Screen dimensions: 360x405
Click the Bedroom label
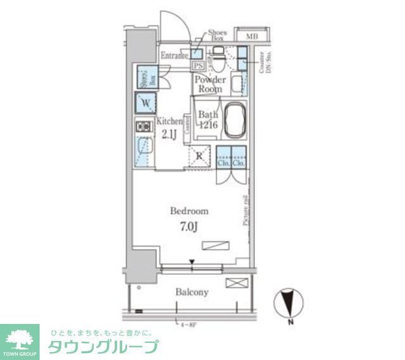coord(189,211)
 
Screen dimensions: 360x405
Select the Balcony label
coord(192,292)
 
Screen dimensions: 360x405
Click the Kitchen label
coord(170,121)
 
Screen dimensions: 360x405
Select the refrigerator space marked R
coord(199,156)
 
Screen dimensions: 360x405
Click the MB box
coord(251,36)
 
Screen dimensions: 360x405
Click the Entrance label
coord(174,56)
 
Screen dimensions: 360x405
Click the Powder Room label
coord(209,84)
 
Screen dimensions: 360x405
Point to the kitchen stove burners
coord(142,127)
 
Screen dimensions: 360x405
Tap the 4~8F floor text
coord(188,326)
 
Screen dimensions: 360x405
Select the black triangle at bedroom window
coord(192,261)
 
